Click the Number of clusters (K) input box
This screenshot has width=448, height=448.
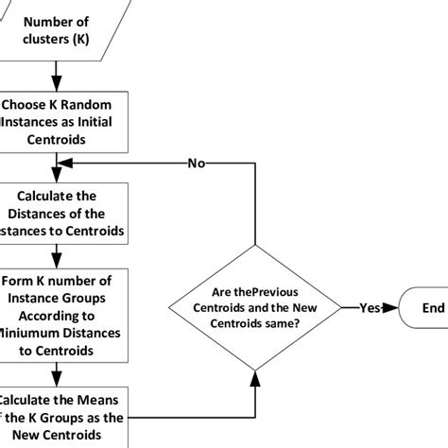(x=57, y=30)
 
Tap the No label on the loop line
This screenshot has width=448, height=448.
(x=196, y=163)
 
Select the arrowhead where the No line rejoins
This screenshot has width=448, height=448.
(x=65, y=163)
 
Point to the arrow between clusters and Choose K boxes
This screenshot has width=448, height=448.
(x=57, y=73)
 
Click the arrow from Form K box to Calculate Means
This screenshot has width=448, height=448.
(x=57, y=374)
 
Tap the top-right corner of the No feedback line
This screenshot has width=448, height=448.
(x=256, y=163)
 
